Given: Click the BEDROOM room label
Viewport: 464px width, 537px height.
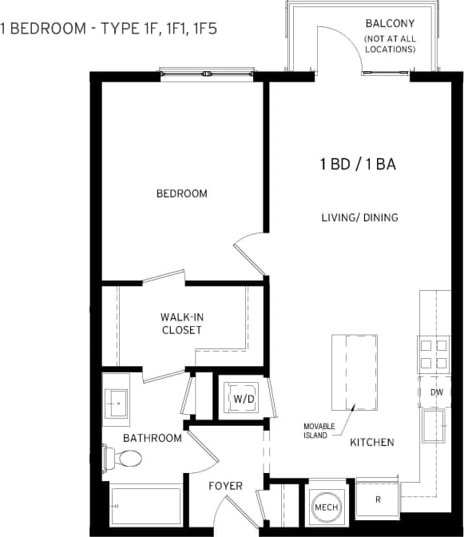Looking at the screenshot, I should click(x=181, y=193).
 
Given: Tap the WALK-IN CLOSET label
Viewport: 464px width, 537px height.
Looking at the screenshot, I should click(x=181, y=324).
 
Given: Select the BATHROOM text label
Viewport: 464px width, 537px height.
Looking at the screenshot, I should click(x=152, y=438).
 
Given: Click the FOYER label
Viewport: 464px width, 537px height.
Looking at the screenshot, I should click(x=225, y=486).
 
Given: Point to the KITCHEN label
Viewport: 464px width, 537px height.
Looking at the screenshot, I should click(x=372, y=442).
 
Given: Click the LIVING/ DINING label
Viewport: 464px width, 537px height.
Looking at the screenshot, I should click(x=359, y=217).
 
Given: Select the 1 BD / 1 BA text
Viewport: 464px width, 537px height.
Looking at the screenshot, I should click(x=359, y=165).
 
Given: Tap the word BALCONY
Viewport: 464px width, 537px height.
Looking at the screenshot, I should click(x=389, y=23).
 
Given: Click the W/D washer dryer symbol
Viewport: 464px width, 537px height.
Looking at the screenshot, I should click(x=242, y=397).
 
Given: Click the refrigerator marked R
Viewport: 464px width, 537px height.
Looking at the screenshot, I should click(x=378, y=499).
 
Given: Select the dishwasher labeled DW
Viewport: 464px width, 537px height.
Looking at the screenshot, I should click(x=436, y=392).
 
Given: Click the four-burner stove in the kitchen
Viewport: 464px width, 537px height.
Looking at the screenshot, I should click(x=434, y=354).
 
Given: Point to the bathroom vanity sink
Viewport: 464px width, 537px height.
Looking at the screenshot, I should click(x=117, y=400).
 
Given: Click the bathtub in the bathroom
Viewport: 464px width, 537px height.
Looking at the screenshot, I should click(x=146, y=503).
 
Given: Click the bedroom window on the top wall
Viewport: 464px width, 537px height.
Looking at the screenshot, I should click(x=208, y=74).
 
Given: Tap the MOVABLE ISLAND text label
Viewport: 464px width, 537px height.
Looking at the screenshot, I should click(x=319, y=430).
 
